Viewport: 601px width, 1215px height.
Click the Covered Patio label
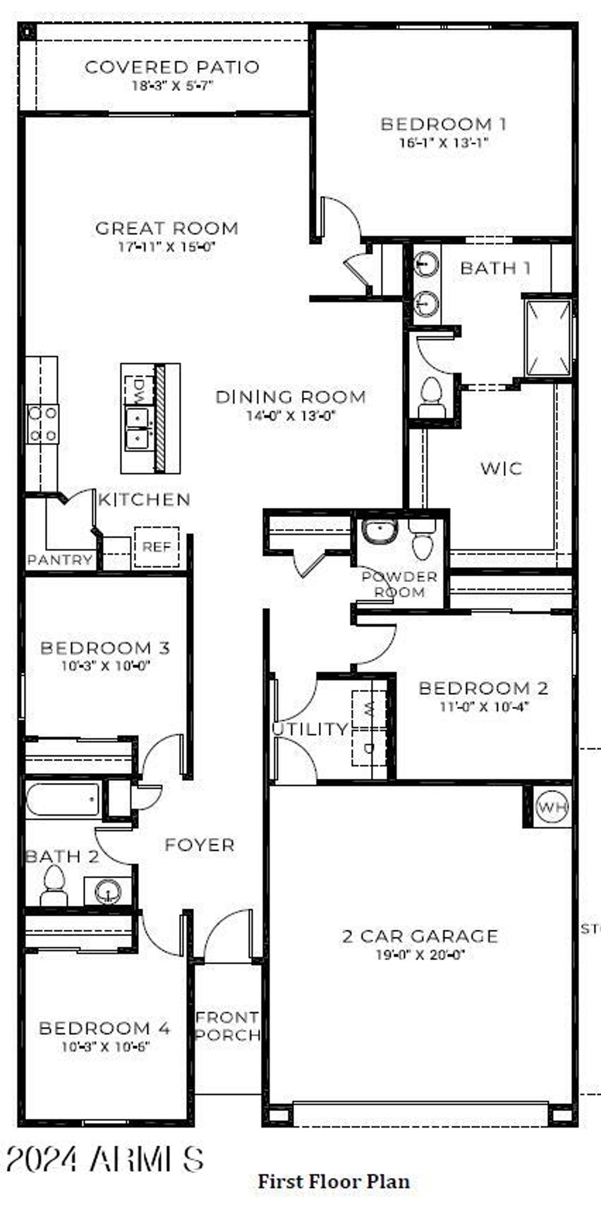(x=171, y=67)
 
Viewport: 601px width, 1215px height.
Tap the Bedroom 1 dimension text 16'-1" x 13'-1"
(x=444, y=143)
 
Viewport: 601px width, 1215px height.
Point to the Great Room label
(x=167, y=228)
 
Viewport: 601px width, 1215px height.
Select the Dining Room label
(x=291, y=397)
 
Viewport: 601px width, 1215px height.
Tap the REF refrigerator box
(x=157, y=547)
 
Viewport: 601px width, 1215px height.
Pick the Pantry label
(x=60, y=560)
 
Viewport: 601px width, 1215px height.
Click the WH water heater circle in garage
(x=552, y=808)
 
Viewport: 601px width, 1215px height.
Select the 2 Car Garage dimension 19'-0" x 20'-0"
(x=420, y=955)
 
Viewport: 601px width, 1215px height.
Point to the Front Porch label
(x=228, y=1026)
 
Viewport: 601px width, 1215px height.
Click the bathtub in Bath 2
(x=63, y=799)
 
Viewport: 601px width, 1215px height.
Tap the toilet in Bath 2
(x=54, y=886)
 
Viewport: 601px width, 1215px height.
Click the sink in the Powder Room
(x=380, y=532)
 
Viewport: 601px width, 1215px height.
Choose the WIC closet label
(x=501, y=468)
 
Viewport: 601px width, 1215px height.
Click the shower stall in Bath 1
(x=548, y=338)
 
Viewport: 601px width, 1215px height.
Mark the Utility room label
(x=310, y=729)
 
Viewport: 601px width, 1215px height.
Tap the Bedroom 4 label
(x=104, y=1028)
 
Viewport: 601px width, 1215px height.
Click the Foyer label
(x=200, y=845)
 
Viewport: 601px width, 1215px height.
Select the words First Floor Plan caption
(x=334, y=1181)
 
